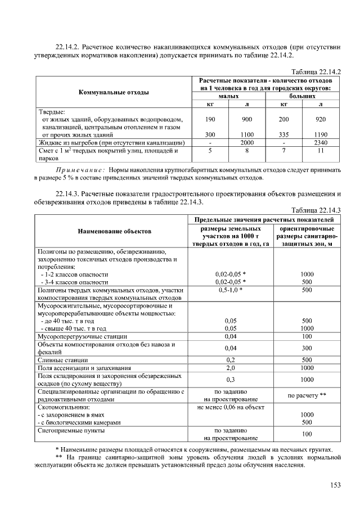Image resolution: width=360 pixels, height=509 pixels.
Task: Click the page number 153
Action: click(335, 485)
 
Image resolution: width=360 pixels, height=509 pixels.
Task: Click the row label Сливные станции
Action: click(62, 359)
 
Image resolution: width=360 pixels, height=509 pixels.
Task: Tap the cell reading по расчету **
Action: click(307, 395)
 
